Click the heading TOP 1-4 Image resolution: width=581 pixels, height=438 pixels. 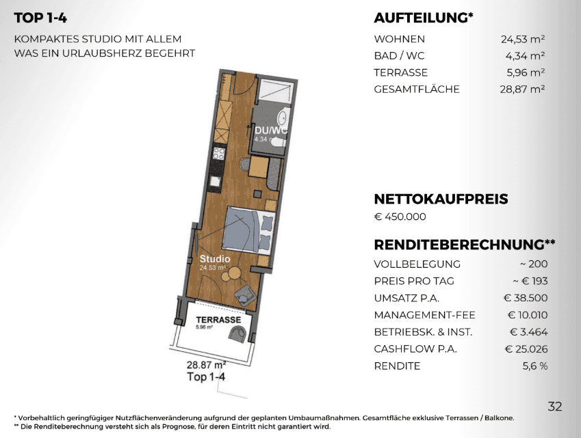pyautogui.click(x=40, y=18)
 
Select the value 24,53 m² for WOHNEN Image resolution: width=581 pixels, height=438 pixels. pyautogui.click(x=522, y=39)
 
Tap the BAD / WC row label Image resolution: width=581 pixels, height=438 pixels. pyautogui.click(x=399, y=56)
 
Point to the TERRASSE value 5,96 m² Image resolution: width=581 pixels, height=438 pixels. pyautogui.click(x=526, y=72)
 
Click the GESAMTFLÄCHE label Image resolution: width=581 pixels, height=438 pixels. pyautogui.click(x=417, y=89)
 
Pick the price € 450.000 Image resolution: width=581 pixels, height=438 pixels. pyautogui.click(x=400, y=217)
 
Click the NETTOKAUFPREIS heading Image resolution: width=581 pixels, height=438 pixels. pyautogui.click(x=441, y=199)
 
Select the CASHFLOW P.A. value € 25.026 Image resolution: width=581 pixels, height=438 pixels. pyautogui.click(x=526, y=349)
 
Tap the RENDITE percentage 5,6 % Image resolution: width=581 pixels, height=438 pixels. pyautogui.click(x=534, y=366)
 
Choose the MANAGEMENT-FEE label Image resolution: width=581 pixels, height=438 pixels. pyautogui.click(x=424, y=315)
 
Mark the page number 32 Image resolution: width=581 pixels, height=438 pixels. pyautogui.click(x=555, y=407)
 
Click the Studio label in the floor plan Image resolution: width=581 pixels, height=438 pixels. pyautogui.click(x=215, y=259)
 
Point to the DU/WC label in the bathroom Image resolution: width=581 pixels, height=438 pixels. pyautogui.click(x=271, y=131)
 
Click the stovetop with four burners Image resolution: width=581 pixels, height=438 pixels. pyautogui.click(x=218, y=153)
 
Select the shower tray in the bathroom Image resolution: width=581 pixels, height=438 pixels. pyautogui.click(x=274, y=90)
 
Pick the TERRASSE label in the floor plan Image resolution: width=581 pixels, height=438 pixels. pyautogui.click(x=218, y=320)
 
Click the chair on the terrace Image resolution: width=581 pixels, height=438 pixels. pyautogui.click(x=237, y=333)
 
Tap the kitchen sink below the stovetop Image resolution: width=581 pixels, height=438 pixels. pyautogui.click(x=216, y=181)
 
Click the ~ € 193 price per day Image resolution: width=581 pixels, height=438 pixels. pyautogui.click(x=530, y=281)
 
